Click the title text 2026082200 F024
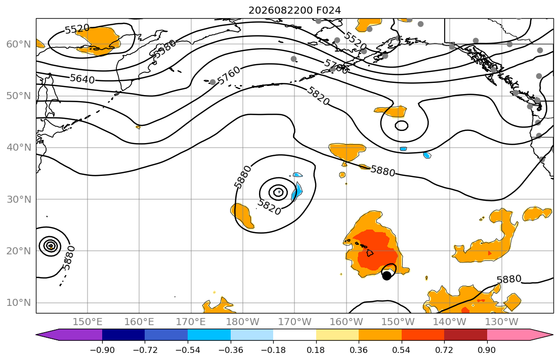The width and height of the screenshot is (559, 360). pos(294,10)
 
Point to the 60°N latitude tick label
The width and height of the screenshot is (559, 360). pos(19,44)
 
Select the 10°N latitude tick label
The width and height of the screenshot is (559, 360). pos(19,303)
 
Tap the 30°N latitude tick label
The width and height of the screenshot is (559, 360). pos(19,199)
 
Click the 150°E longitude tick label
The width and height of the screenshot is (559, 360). pos(88,322)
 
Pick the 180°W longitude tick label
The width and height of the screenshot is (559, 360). pos(243,322)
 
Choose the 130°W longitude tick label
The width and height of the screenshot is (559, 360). pos(502,322)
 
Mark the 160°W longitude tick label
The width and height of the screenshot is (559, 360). pos(346,322)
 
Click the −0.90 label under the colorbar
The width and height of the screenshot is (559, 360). pos(102,350)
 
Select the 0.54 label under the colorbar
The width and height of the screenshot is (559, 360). pos(402,350)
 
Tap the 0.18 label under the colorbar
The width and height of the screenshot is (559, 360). pos(316,350)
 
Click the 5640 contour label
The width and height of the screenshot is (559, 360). pos(82,78)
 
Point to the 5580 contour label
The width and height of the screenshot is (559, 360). pos(165,49)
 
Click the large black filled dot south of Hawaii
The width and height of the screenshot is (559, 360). pos(386,275)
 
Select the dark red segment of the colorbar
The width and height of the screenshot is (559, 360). pos(465,335)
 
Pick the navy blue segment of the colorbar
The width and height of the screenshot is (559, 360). pos(123,335)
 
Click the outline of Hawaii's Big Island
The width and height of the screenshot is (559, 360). pos(370,253)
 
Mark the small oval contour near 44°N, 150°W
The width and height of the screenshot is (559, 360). pos(402,121)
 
